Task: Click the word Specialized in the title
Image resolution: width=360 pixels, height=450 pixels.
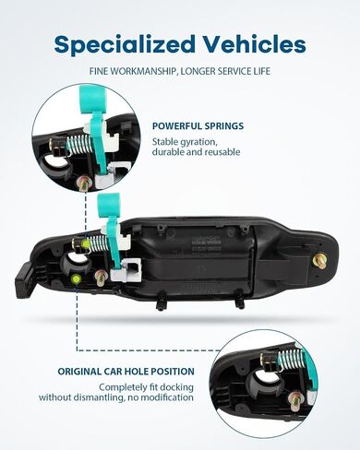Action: pos(125,44)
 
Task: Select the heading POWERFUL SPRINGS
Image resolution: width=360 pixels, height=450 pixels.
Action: pos(198,126)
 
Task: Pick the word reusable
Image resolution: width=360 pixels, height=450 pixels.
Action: pos(222,152)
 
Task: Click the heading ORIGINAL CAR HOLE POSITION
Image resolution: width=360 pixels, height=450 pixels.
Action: pos(126,372)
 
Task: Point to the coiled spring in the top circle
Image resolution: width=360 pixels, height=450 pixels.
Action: pos(79,144)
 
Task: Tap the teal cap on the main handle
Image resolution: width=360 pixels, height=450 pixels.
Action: pos(108,204)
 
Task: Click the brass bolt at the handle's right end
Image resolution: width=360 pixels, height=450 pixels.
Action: pos(319,262)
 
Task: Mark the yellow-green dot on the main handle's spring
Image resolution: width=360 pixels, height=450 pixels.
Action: pos(85,244)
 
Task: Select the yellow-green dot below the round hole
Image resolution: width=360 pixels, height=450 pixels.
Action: pos(76,279)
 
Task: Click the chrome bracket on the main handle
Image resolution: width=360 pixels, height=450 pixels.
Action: pos(126,270)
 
